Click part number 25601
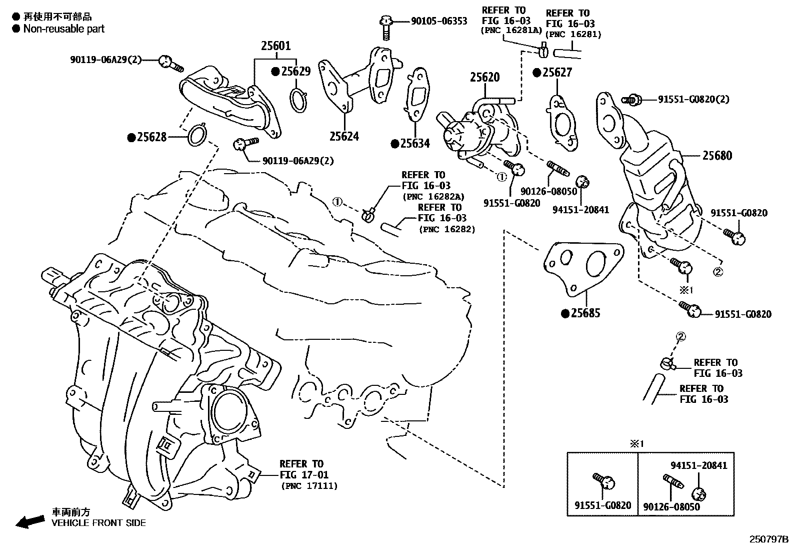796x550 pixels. click(x=275, y=46)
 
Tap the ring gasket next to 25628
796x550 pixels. click(x=196, y=136)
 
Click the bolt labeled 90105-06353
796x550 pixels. click(x=385, y=28)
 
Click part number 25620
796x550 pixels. click(x=484, y=78)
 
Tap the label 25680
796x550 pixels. click(x=716, y=156)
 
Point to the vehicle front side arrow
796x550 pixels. click(x=30, y=521)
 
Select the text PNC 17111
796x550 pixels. click(x=309, y=485)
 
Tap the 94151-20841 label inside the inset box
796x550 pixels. click(x=699, y=465)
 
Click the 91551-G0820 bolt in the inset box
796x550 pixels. click(x=603, y=481)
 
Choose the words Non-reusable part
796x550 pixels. click(x=64, y=29)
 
